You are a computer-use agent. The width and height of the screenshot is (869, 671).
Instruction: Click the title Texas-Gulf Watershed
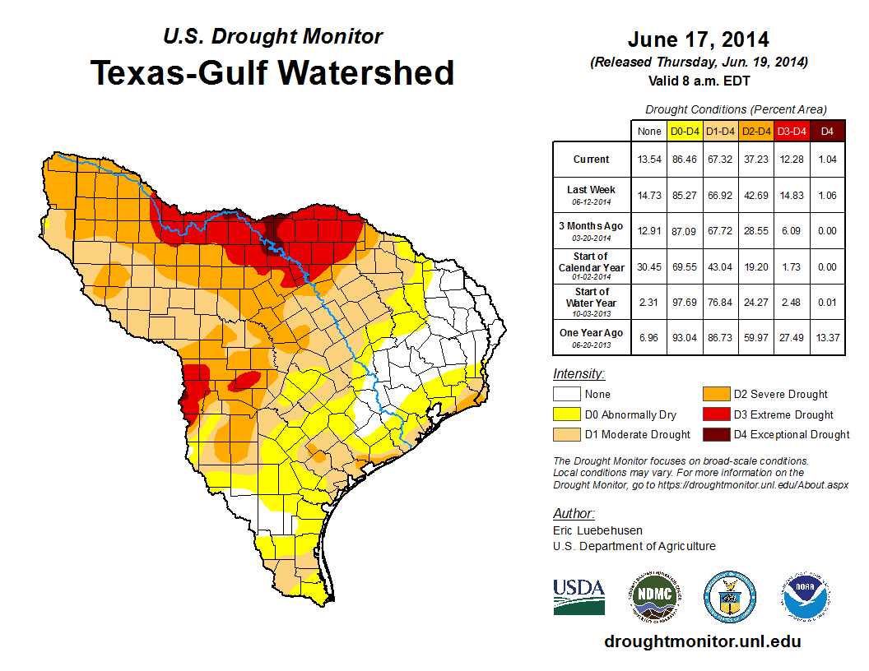click(272, 72)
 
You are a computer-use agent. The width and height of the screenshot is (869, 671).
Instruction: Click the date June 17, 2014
click(698, 39)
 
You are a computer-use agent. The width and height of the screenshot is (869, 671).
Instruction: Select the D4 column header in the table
click(827, 131)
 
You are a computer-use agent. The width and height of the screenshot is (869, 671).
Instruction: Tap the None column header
click(649, 131)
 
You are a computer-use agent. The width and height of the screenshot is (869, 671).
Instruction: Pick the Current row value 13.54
click(649, 159)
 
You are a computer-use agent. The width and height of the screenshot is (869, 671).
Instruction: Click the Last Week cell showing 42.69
click(756, 194)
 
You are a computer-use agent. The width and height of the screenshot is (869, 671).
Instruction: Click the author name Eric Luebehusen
click(597, 530)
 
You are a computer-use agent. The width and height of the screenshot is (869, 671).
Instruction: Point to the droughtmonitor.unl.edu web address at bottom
click(702, 641)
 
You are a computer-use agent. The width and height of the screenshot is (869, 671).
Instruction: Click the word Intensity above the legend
click(579, 374)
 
